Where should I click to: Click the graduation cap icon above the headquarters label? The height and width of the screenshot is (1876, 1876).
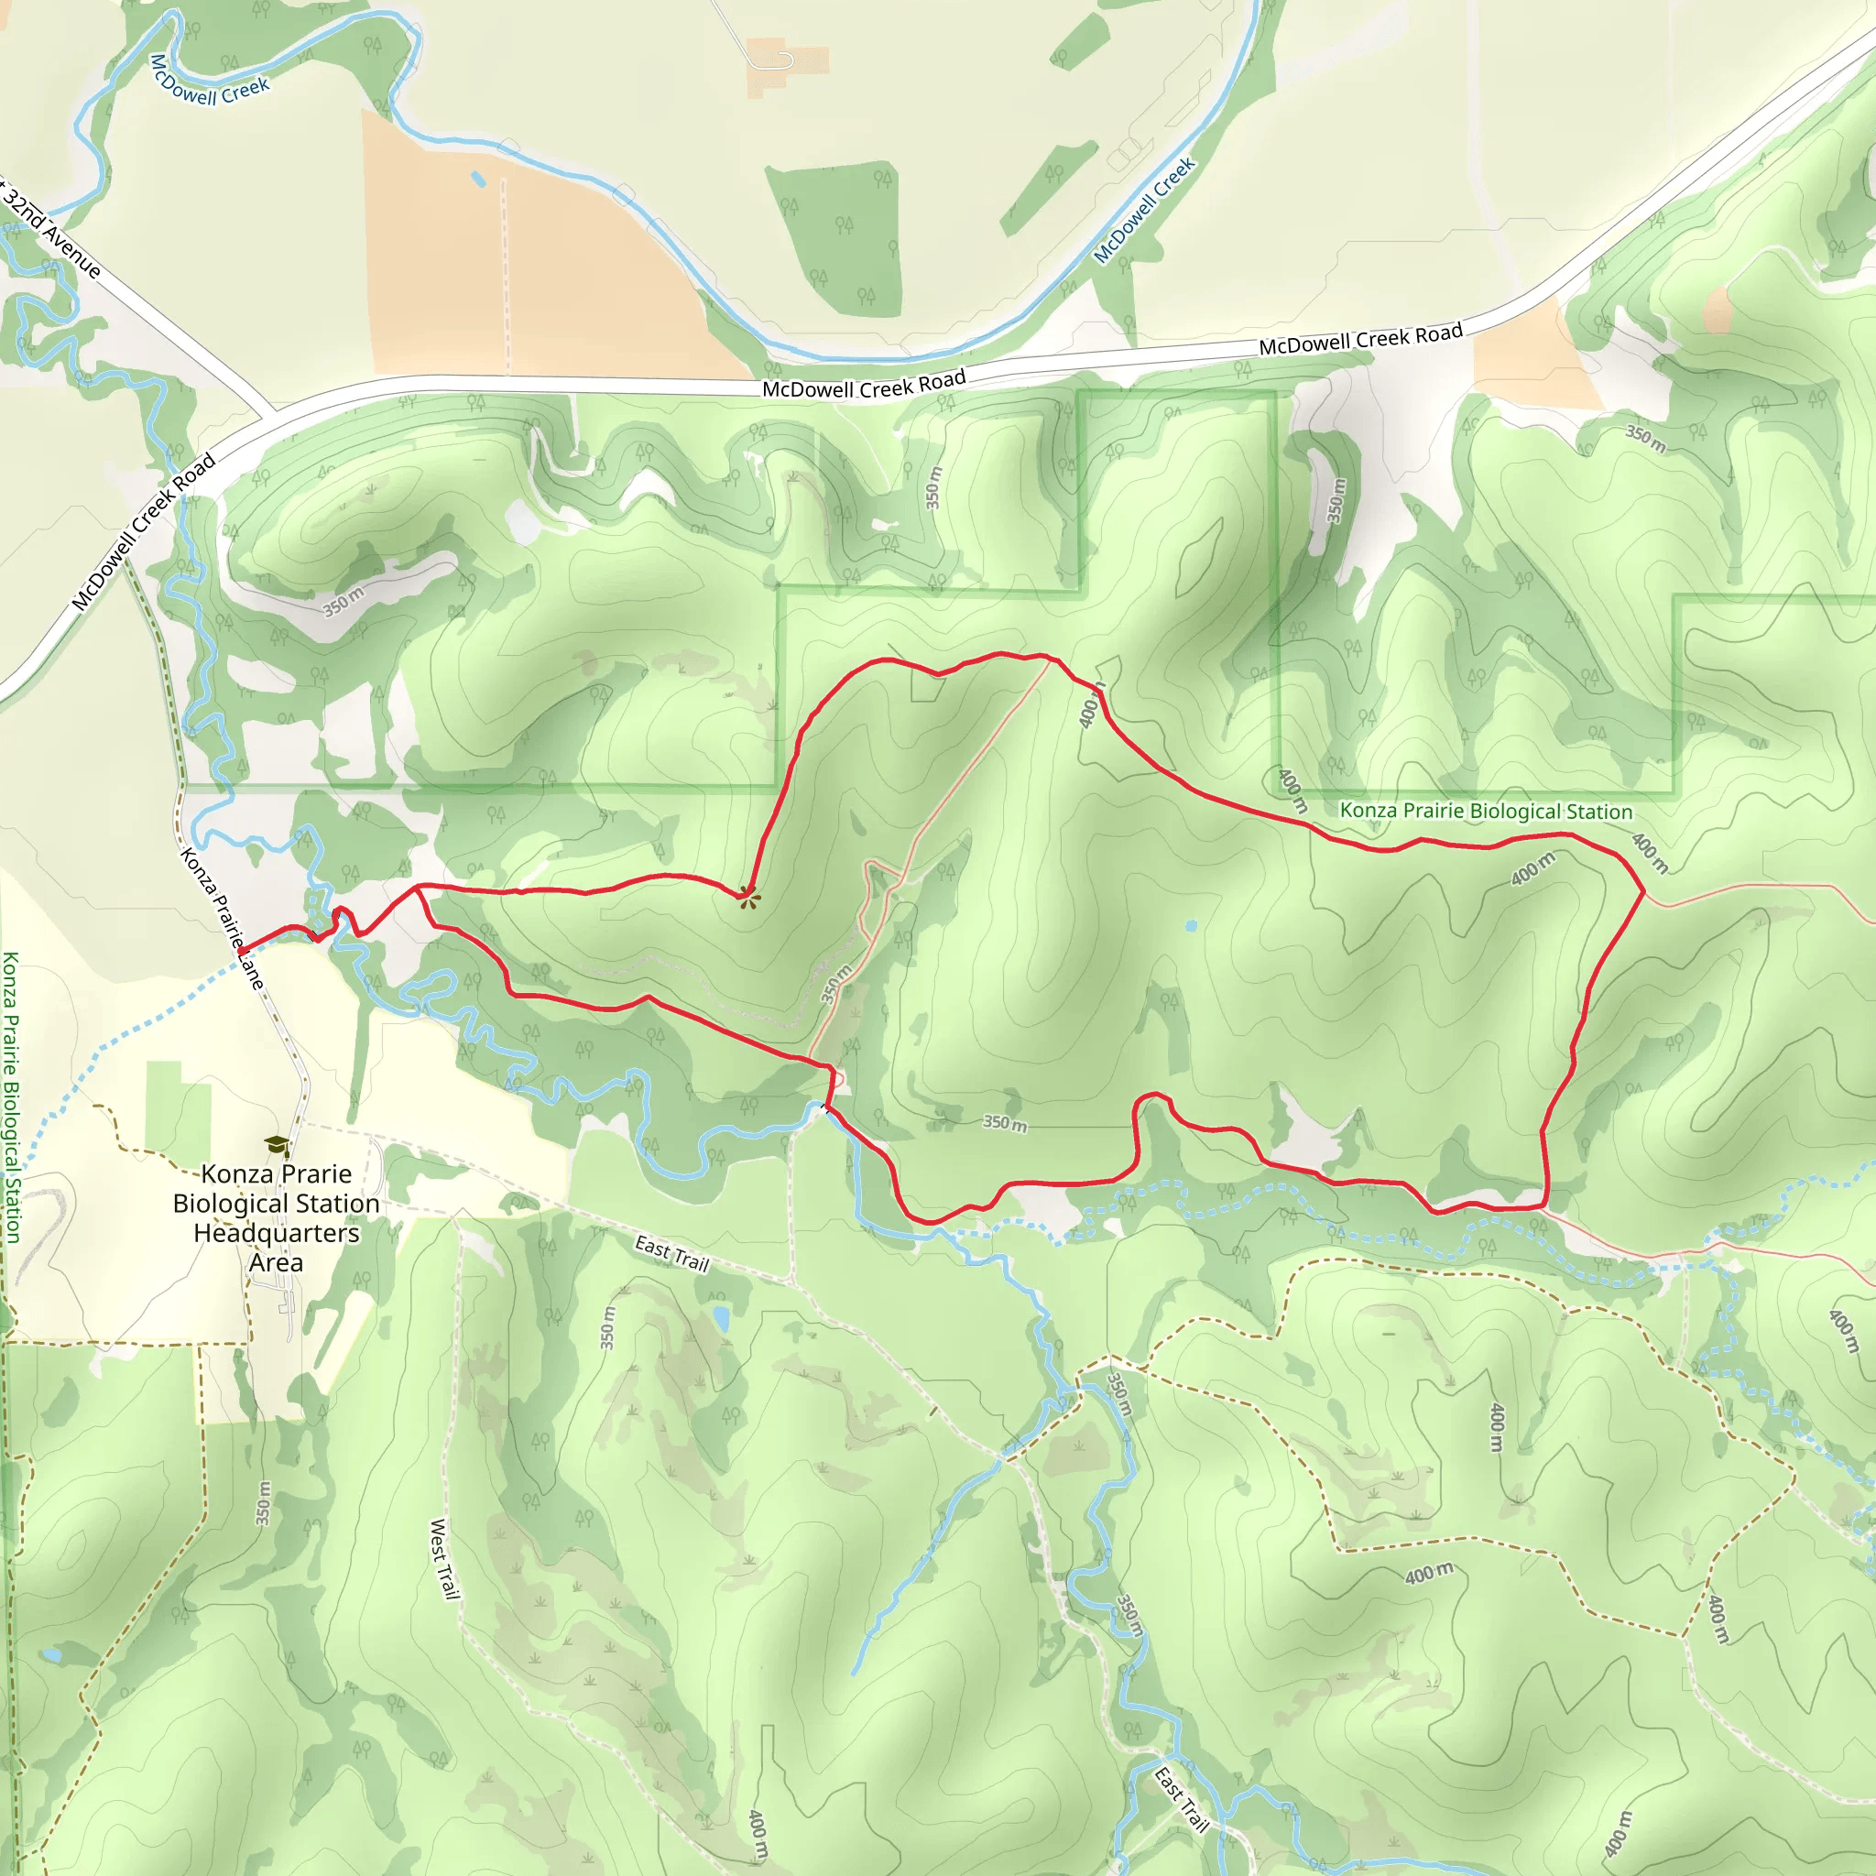tap(277, 1146)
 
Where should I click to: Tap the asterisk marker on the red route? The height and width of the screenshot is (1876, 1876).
tap(747, 897)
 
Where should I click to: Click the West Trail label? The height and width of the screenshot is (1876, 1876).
tap(443, 1558)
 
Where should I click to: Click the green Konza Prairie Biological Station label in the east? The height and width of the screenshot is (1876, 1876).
tap(1486, 811)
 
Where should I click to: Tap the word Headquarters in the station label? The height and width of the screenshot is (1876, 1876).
tap(277, 1233)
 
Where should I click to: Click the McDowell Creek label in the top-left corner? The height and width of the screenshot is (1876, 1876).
tap(210, 81)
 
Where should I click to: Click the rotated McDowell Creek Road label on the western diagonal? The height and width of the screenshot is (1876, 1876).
tap(144, 533)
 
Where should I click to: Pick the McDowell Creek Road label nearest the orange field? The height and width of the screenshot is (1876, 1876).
tap(863, 385)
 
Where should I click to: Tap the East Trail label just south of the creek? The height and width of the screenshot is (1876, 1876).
tap(672, 1252)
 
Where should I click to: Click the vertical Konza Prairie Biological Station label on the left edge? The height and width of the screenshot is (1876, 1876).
tap(11, 1097)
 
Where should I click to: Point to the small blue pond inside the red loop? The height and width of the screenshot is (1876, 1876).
tap(1192, 925)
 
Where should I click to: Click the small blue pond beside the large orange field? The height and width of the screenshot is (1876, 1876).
tap(478, 179)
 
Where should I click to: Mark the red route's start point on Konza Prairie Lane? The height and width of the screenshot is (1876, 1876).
tap(241, 951)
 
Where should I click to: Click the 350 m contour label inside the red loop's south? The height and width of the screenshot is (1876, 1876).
tap(1004, 1123)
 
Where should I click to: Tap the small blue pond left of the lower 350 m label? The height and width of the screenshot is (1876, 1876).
tap(721, 1319)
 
